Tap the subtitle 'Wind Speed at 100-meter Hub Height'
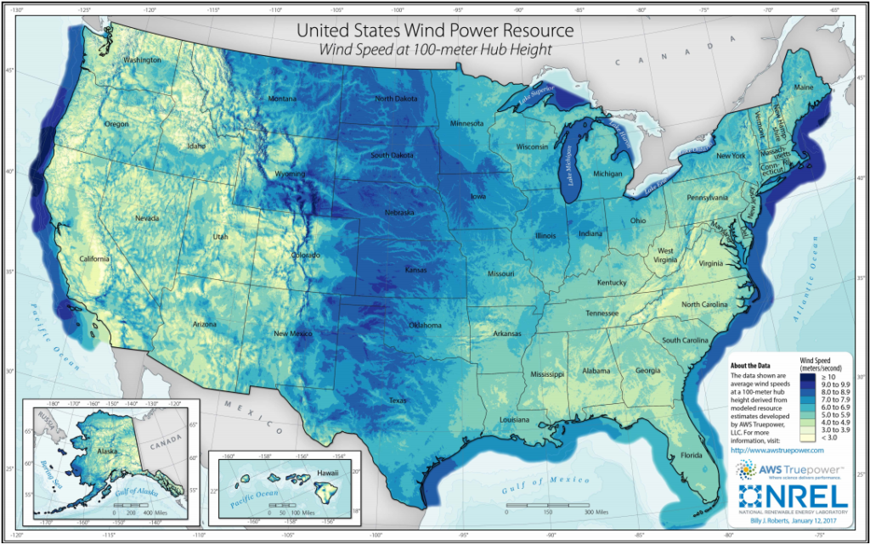tap(434, 50)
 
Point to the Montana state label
tap(282, 99)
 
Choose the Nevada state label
tap(147, 218)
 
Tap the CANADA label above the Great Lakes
tap(628, 62)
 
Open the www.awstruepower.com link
tap(777, 449)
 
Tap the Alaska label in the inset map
tap(82, 452)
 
